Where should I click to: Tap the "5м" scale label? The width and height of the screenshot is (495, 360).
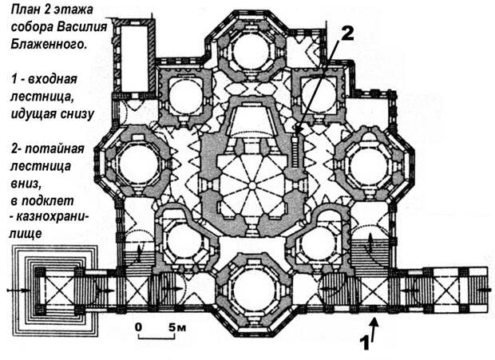click(x=176, y=327)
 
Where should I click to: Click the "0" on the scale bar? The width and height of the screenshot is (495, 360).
click(x=139, y=327)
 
